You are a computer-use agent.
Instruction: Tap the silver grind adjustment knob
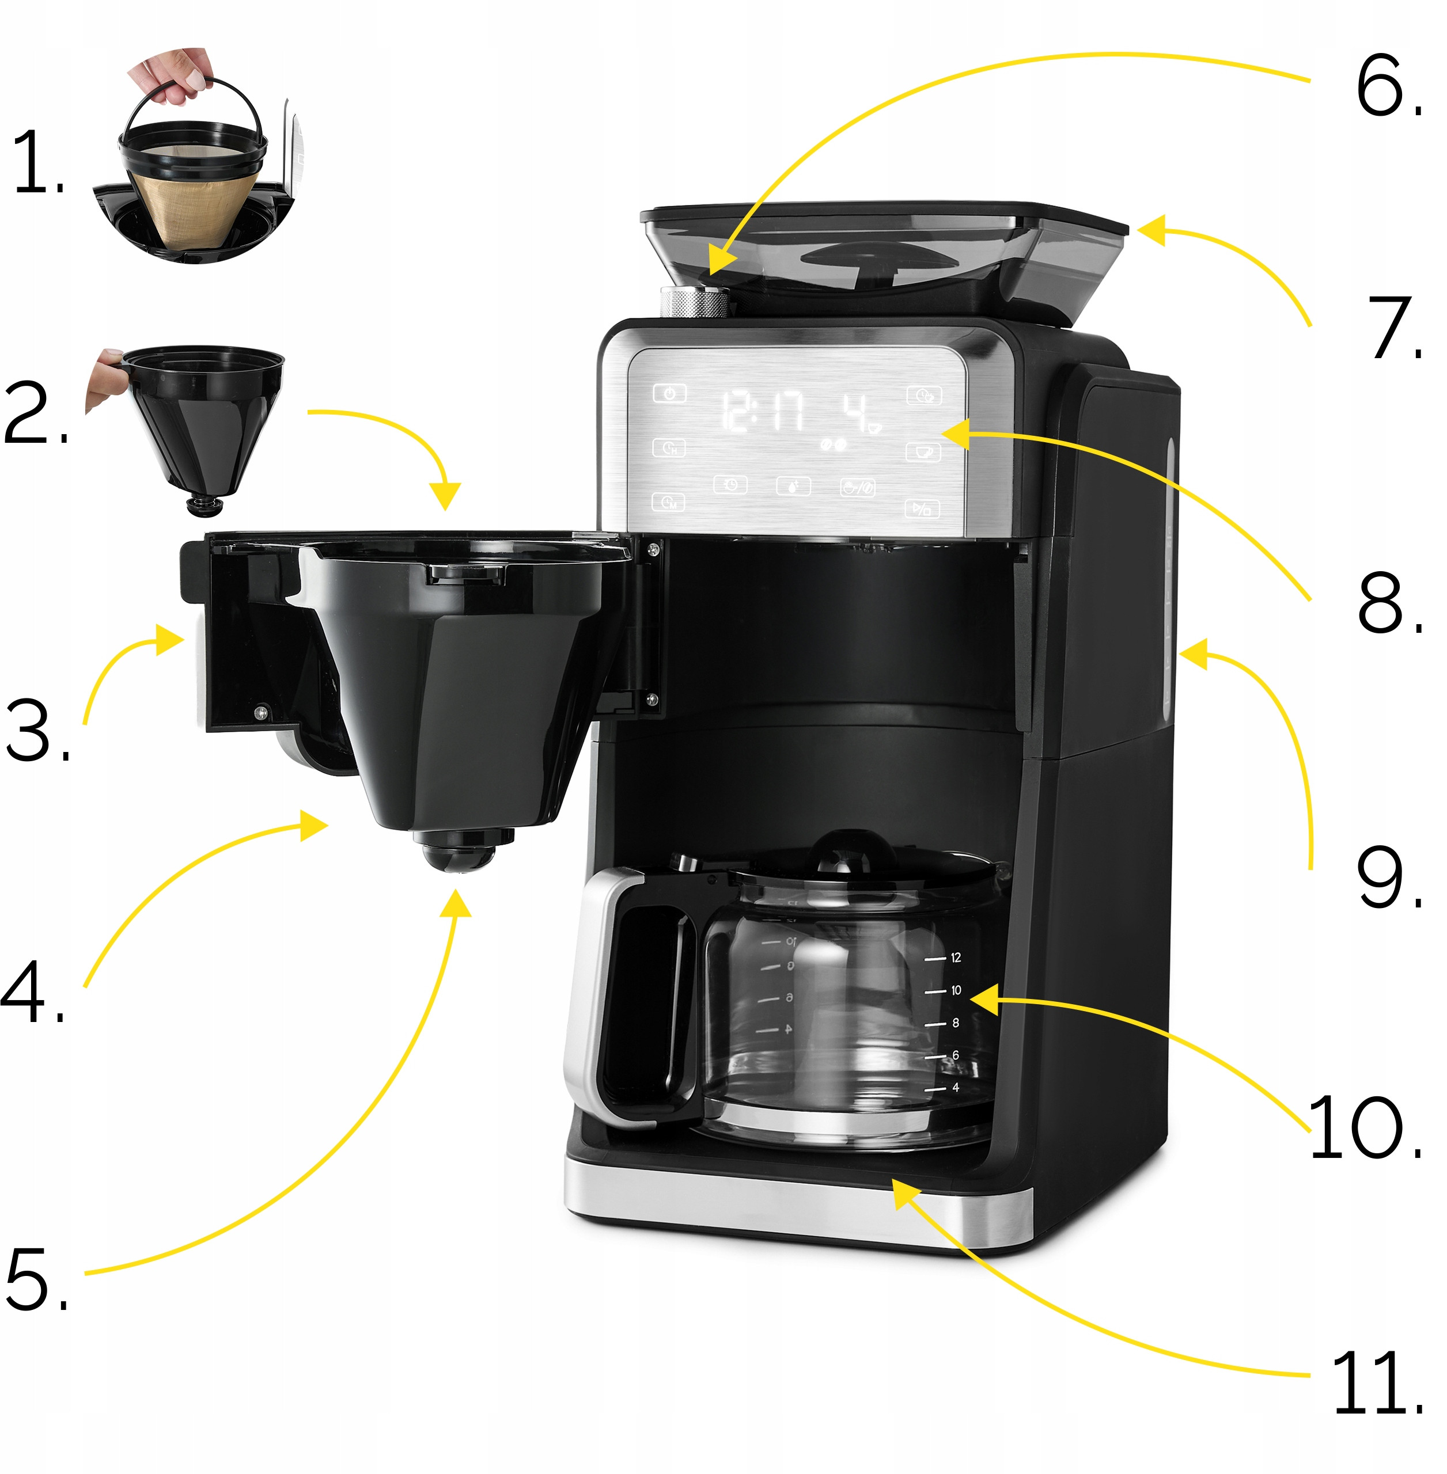693,302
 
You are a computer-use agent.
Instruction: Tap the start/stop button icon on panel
922,508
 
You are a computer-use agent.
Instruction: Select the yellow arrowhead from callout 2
445,495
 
